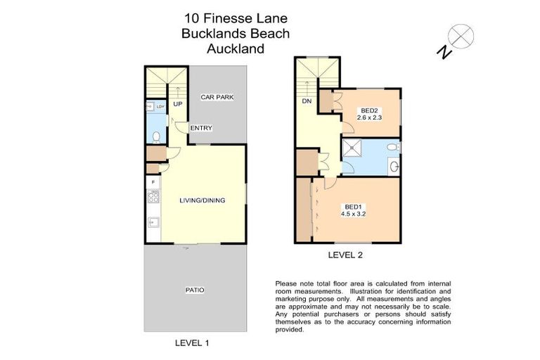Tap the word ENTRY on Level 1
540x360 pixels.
coord(201,128)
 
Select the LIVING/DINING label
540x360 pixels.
coord(202,200)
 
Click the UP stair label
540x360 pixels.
coord(178,105)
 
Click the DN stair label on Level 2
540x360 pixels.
coord(306,101)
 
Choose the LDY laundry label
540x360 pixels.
coord(160,107)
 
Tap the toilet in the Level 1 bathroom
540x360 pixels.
coord(158,135)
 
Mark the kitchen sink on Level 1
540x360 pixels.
coord(153,223)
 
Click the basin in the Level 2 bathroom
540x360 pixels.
coord(394,167)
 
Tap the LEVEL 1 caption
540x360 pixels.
coord(191,343)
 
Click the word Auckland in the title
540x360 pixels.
coord(235,49)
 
